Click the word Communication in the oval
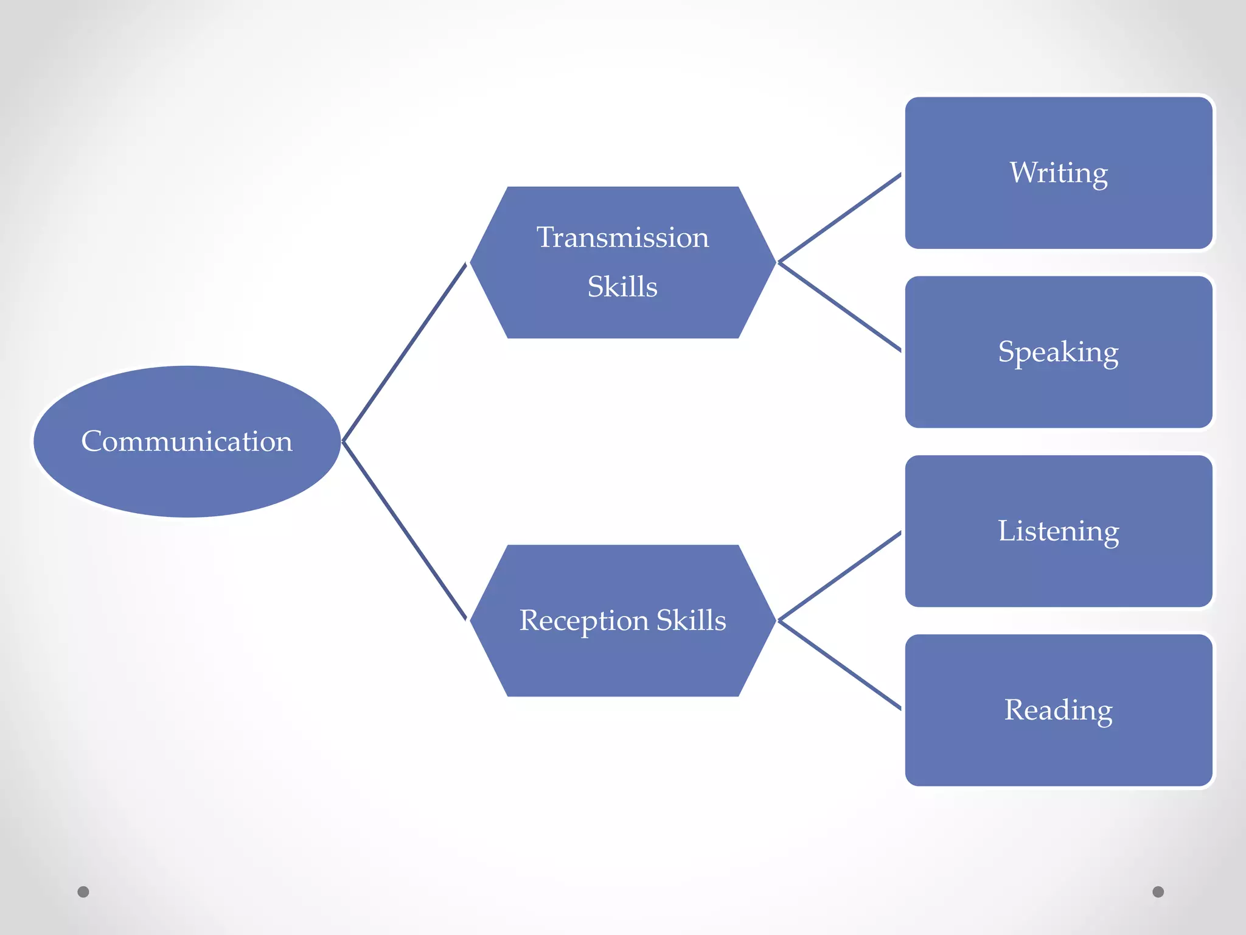(x=187, y=441)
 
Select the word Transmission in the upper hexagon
(x=622, y=237)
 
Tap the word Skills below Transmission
(x=622, y=287)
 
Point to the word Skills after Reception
(x=691, y=620)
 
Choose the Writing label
(x=1059, y=173)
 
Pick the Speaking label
(x=1058, y=352)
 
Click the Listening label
(x=1058, y=531)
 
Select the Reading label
(x=1058, y=710)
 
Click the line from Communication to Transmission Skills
(x=405, y=352)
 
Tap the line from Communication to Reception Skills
(x=405, y=531)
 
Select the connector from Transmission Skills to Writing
(x=840, y=218)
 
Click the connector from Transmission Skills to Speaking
(x=840, y=307)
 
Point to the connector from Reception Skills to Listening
(x=840, y=576)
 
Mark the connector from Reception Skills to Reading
(x=840, y=665)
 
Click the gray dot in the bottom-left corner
(x=83, y=892)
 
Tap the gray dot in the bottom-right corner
(x=1158, y=892)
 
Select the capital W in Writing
(x=1023, y=172)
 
